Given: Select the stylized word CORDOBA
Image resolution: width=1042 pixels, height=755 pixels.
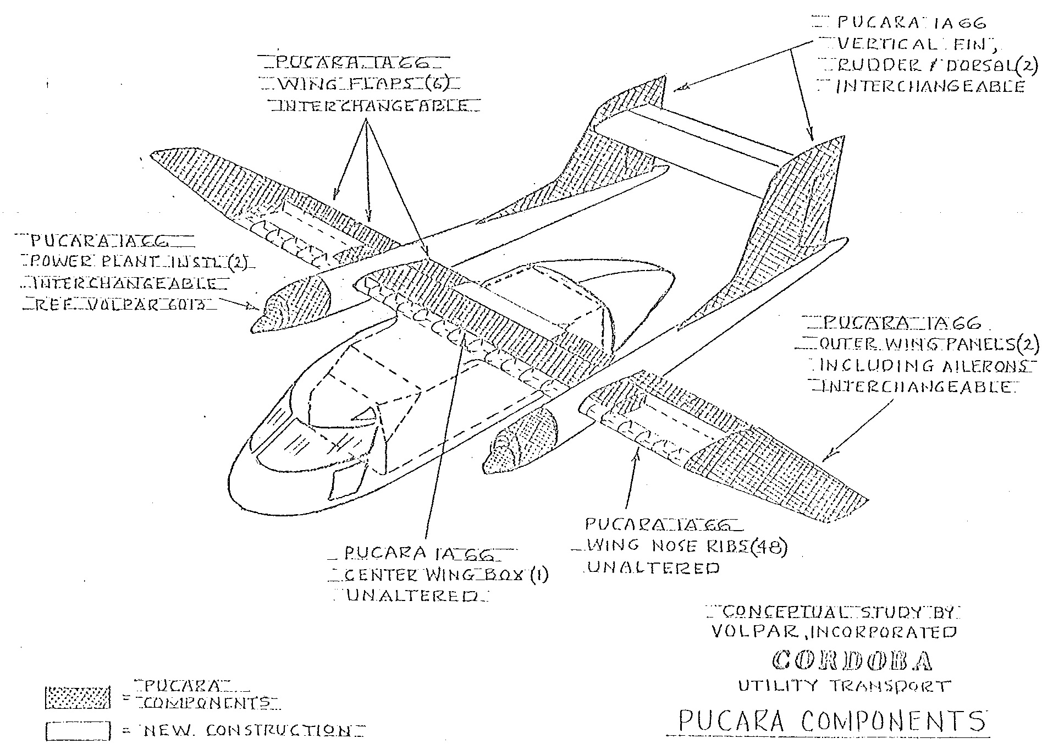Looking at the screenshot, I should pyautogui.click(x=852, y=660).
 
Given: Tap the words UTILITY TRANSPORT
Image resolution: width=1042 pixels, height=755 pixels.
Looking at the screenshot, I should pyautogui.click(x=843, y=686).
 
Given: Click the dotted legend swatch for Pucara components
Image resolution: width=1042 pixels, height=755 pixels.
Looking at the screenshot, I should pyautogui.click(x=77, y=698).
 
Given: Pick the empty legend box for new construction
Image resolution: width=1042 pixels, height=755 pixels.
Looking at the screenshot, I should pyautogui.click(x=77, y=731).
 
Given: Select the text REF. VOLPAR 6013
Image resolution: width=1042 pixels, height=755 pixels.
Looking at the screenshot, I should pyautogui.click(x=118, y=303).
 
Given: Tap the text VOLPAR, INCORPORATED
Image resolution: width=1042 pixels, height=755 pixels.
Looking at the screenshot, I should pyautogui.click(x=834, y=632).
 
